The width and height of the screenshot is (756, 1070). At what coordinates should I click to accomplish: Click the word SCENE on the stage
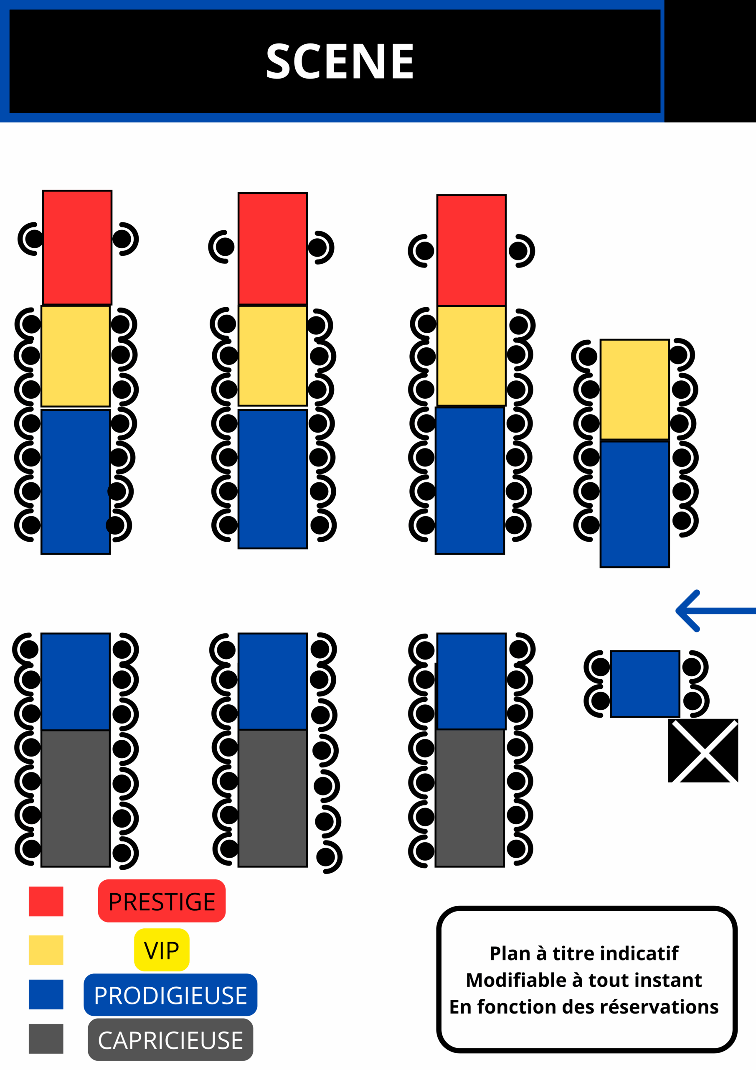coord(340,61)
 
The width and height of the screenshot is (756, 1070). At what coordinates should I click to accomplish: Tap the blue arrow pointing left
coord(715,611)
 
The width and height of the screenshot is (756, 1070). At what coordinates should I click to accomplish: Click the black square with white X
coord(703,750)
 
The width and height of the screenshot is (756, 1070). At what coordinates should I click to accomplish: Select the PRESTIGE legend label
coord(162,902)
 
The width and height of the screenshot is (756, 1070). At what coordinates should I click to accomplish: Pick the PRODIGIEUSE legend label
coord(170,996)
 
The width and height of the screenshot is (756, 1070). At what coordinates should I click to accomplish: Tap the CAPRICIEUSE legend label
coord(170,1041)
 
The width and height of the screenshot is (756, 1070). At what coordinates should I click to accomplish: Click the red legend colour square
coord(46,901)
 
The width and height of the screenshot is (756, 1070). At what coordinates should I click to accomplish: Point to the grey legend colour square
coord(46,1039)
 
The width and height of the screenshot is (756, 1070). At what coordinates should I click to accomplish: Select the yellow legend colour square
coord(46,950)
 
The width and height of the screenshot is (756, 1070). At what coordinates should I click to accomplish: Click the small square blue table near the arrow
coord(644,684)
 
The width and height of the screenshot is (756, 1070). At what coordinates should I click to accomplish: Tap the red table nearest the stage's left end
coord(77,247)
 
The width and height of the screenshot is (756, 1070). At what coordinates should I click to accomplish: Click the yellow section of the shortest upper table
coord(634,389)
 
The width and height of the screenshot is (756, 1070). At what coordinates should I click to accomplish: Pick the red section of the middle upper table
coord(272,248)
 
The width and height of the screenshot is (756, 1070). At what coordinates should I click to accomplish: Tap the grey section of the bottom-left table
coord(76,798)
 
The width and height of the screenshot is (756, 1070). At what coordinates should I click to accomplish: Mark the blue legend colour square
coord(46,994)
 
